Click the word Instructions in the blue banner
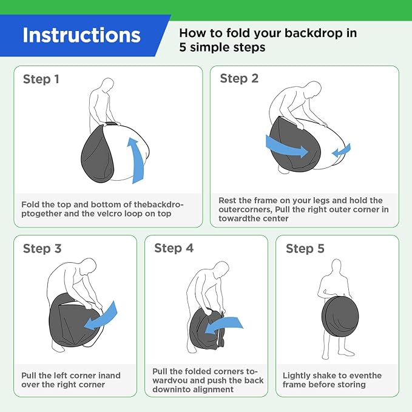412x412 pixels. tap(81, 35)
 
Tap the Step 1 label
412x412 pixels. tap(41, 79)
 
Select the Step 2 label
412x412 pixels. tap(239, 78)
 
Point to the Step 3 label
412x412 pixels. tap(42, 249)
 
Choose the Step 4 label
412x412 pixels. tap(174, 248)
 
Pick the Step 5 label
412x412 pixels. tap(305, 249)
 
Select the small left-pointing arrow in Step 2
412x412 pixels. tap(341, 150)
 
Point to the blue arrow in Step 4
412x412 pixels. tap(223, 325)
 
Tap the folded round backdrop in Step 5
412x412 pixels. tap(340, 317)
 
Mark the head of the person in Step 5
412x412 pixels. tap(336, 266)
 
